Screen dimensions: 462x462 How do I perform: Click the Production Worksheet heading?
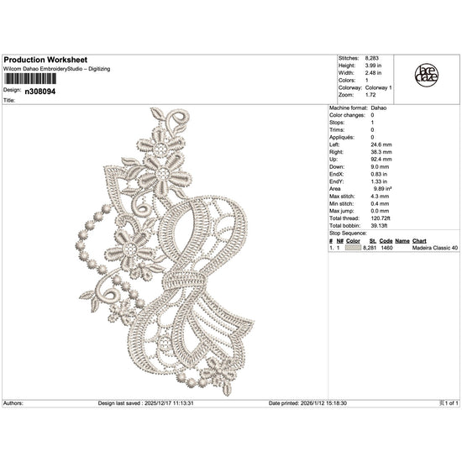[x=45, y=60]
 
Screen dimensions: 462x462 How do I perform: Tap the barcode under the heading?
[x=29, y=79]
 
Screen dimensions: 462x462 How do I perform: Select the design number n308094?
[x=40, y=92]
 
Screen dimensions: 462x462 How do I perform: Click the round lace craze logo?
[x=427, y=76]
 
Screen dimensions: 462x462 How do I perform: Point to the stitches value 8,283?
[x=372, y=58]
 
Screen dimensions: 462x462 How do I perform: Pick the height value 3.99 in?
[x=373, y=66]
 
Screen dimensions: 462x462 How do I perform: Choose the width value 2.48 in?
[x=373, y=73]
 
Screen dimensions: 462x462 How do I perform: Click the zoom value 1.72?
[x=370, y=95]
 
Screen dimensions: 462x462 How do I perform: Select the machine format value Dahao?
[x=379, y=108]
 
